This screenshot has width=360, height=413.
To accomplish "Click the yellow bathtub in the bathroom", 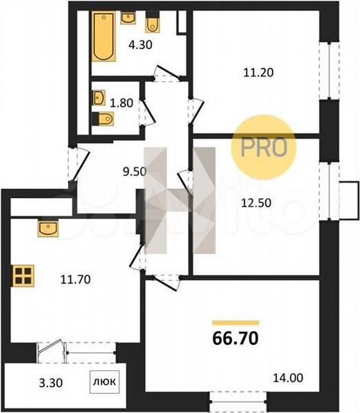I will point(103,36).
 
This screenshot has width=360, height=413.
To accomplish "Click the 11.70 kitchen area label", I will point(76,278).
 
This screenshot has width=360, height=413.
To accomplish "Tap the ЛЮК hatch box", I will point(106,379).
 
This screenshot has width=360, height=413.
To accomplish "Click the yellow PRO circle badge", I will point(264,145).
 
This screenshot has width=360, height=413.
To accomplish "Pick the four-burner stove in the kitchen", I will point(23,275).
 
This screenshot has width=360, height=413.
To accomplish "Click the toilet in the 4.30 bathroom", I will point(153,24).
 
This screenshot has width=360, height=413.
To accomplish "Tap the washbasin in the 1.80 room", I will point(98,98).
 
